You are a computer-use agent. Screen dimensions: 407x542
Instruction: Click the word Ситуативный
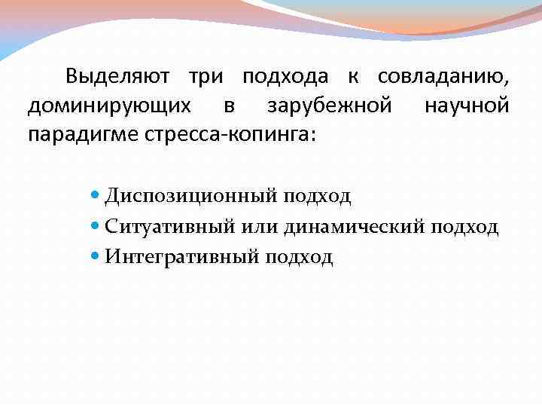click(x=171, y=227)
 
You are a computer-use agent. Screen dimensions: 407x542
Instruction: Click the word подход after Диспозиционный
click(x=317, y=197)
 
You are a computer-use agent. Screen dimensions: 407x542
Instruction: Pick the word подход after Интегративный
click(x=298, y=257)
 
